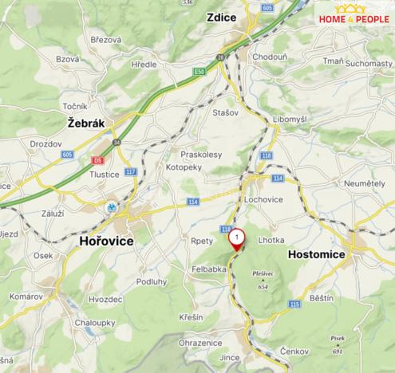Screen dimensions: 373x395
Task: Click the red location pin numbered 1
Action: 237,238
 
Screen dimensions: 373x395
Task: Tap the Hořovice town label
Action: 106,241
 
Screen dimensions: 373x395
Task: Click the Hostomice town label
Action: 315,253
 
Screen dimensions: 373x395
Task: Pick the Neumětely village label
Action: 364,183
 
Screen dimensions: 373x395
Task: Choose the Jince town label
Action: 229,359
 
